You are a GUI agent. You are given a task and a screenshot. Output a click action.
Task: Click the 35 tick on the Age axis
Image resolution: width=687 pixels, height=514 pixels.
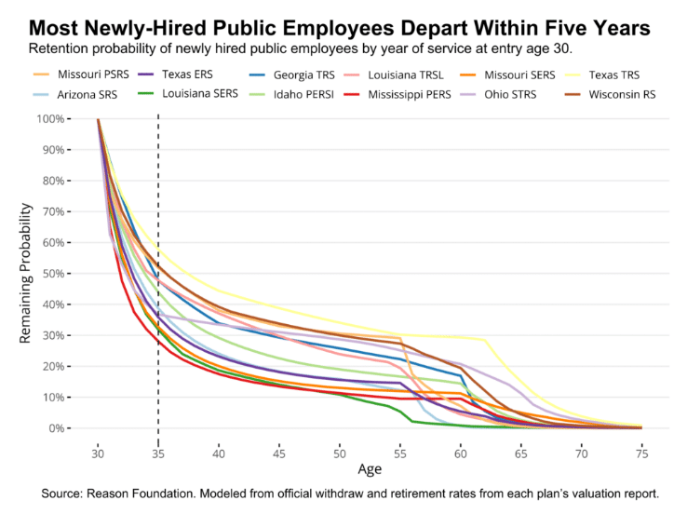(158, 451)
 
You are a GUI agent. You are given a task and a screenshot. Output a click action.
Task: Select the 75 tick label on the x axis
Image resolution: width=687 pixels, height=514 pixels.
(642, 451)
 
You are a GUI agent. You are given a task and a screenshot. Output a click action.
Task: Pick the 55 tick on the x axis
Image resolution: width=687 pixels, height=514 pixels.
(400, 451)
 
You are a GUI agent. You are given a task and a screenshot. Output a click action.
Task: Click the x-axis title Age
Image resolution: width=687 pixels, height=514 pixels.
(370, 468)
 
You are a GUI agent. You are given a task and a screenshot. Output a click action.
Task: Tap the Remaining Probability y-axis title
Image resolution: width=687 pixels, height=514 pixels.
(27, 274)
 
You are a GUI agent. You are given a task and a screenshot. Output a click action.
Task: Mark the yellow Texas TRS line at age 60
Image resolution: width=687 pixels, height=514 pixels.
(461, 337)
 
